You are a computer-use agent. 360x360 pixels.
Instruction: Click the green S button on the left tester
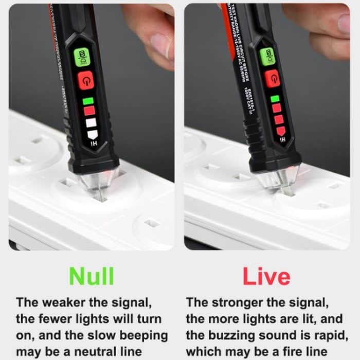pyautogui.click(x=82, y=57)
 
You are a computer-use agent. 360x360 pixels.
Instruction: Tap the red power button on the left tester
pyautogui.click(x=85, y=80)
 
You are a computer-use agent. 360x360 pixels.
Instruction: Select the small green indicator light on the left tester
pyautogui.click(x=88, y=101)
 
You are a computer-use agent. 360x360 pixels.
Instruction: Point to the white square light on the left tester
pyautogui.click(x=91, y=123)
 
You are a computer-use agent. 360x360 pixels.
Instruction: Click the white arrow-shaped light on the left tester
pyautogui.click(x=92, y=134)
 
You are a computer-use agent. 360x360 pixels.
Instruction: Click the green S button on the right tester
pyautogui.click(x=267, y=56)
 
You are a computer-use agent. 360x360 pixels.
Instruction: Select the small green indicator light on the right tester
pyautogui.click(x=275, y=98)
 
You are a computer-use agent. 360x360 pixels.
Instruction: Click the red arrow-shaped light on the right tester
pyautogui.click(x=281, y=131)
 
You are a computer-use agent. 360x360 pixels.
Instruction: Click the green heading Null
pyautogui.click(x=92, y=276)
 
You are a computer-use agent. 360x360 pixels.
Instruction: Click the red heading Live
pyautogui.click(x=266, y=276)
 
